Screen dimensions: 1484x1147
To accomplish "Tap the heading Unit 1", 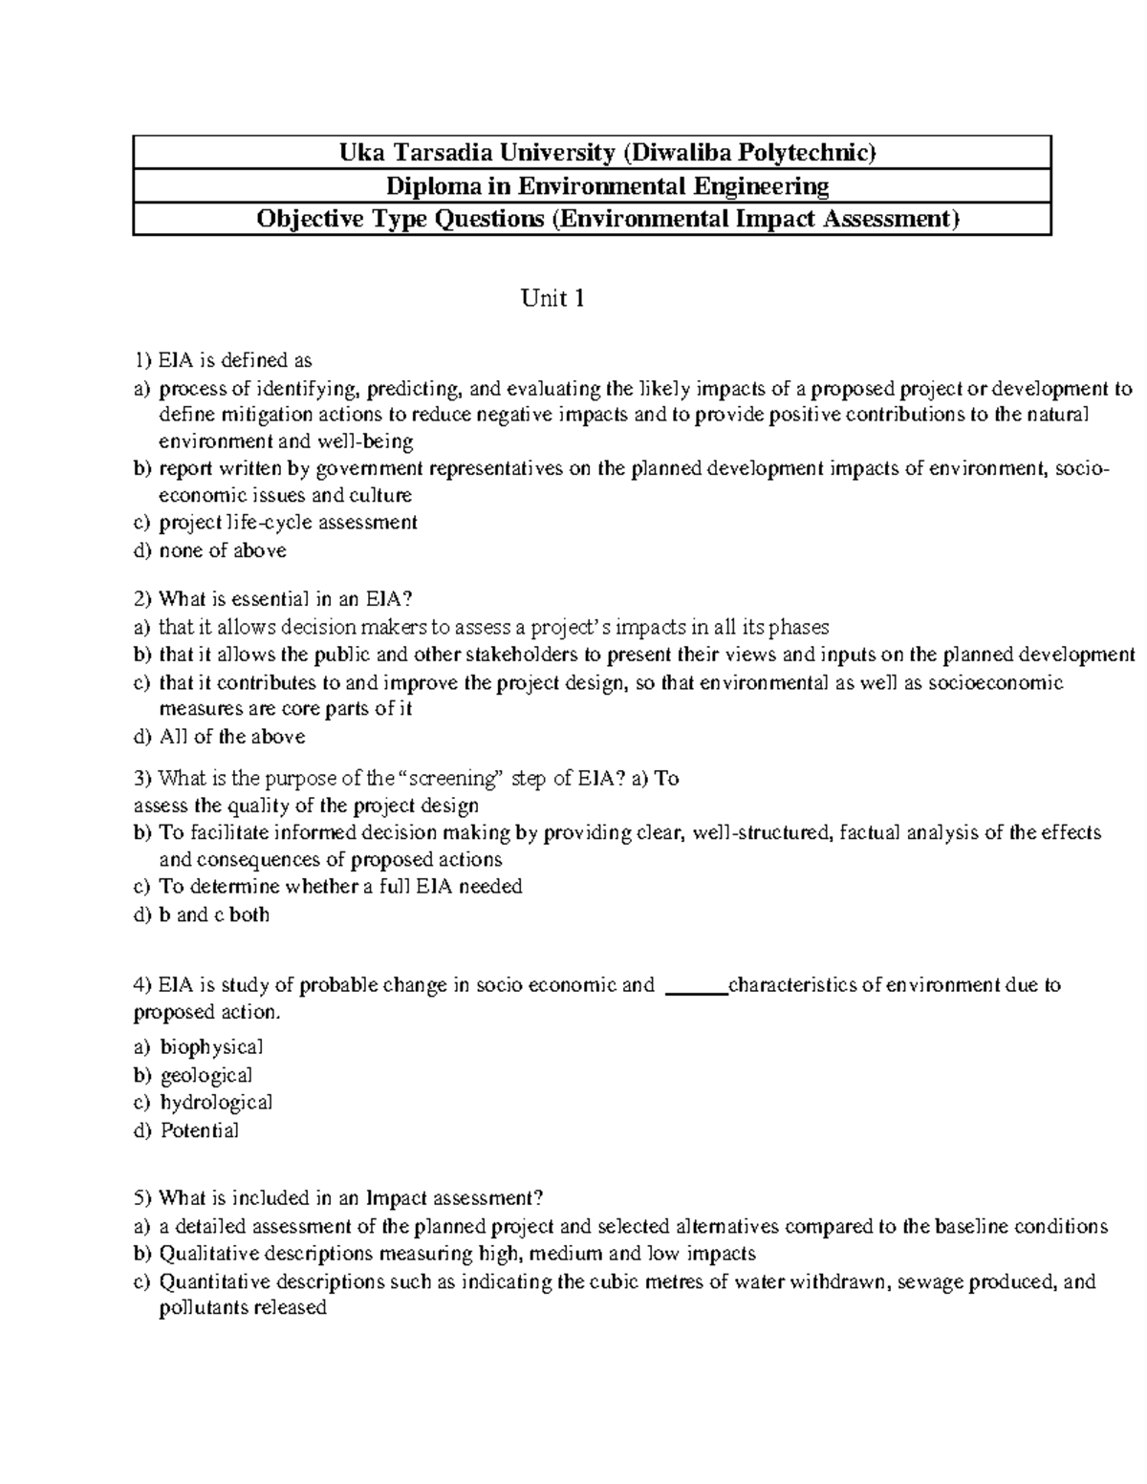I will click(552, 299).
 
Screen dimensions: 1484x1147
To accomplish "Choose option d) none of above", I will click(222, 550).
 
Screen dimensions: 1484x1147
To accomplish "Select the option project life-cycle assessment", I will click(288, 523).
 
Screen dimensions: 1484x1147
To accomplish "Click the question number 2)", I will click(142, 599).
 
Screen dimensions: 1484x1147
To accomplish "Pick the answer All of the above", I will click(232, 737).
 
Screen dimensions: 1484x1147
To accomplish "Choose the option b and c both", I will click(214, 914).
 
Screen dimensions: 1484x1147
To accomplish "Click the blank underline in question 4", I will click(695, 985).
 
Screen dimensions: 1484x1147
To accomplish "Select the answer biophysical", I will click(211, 1047).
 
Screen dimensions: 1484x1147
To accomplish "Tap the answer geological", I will click(206, 1075).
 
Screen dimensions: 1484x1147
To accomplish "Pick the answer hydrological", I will click(216, 1103).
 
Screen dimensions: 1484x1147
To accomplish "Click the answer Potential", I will click(199, 1130).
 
